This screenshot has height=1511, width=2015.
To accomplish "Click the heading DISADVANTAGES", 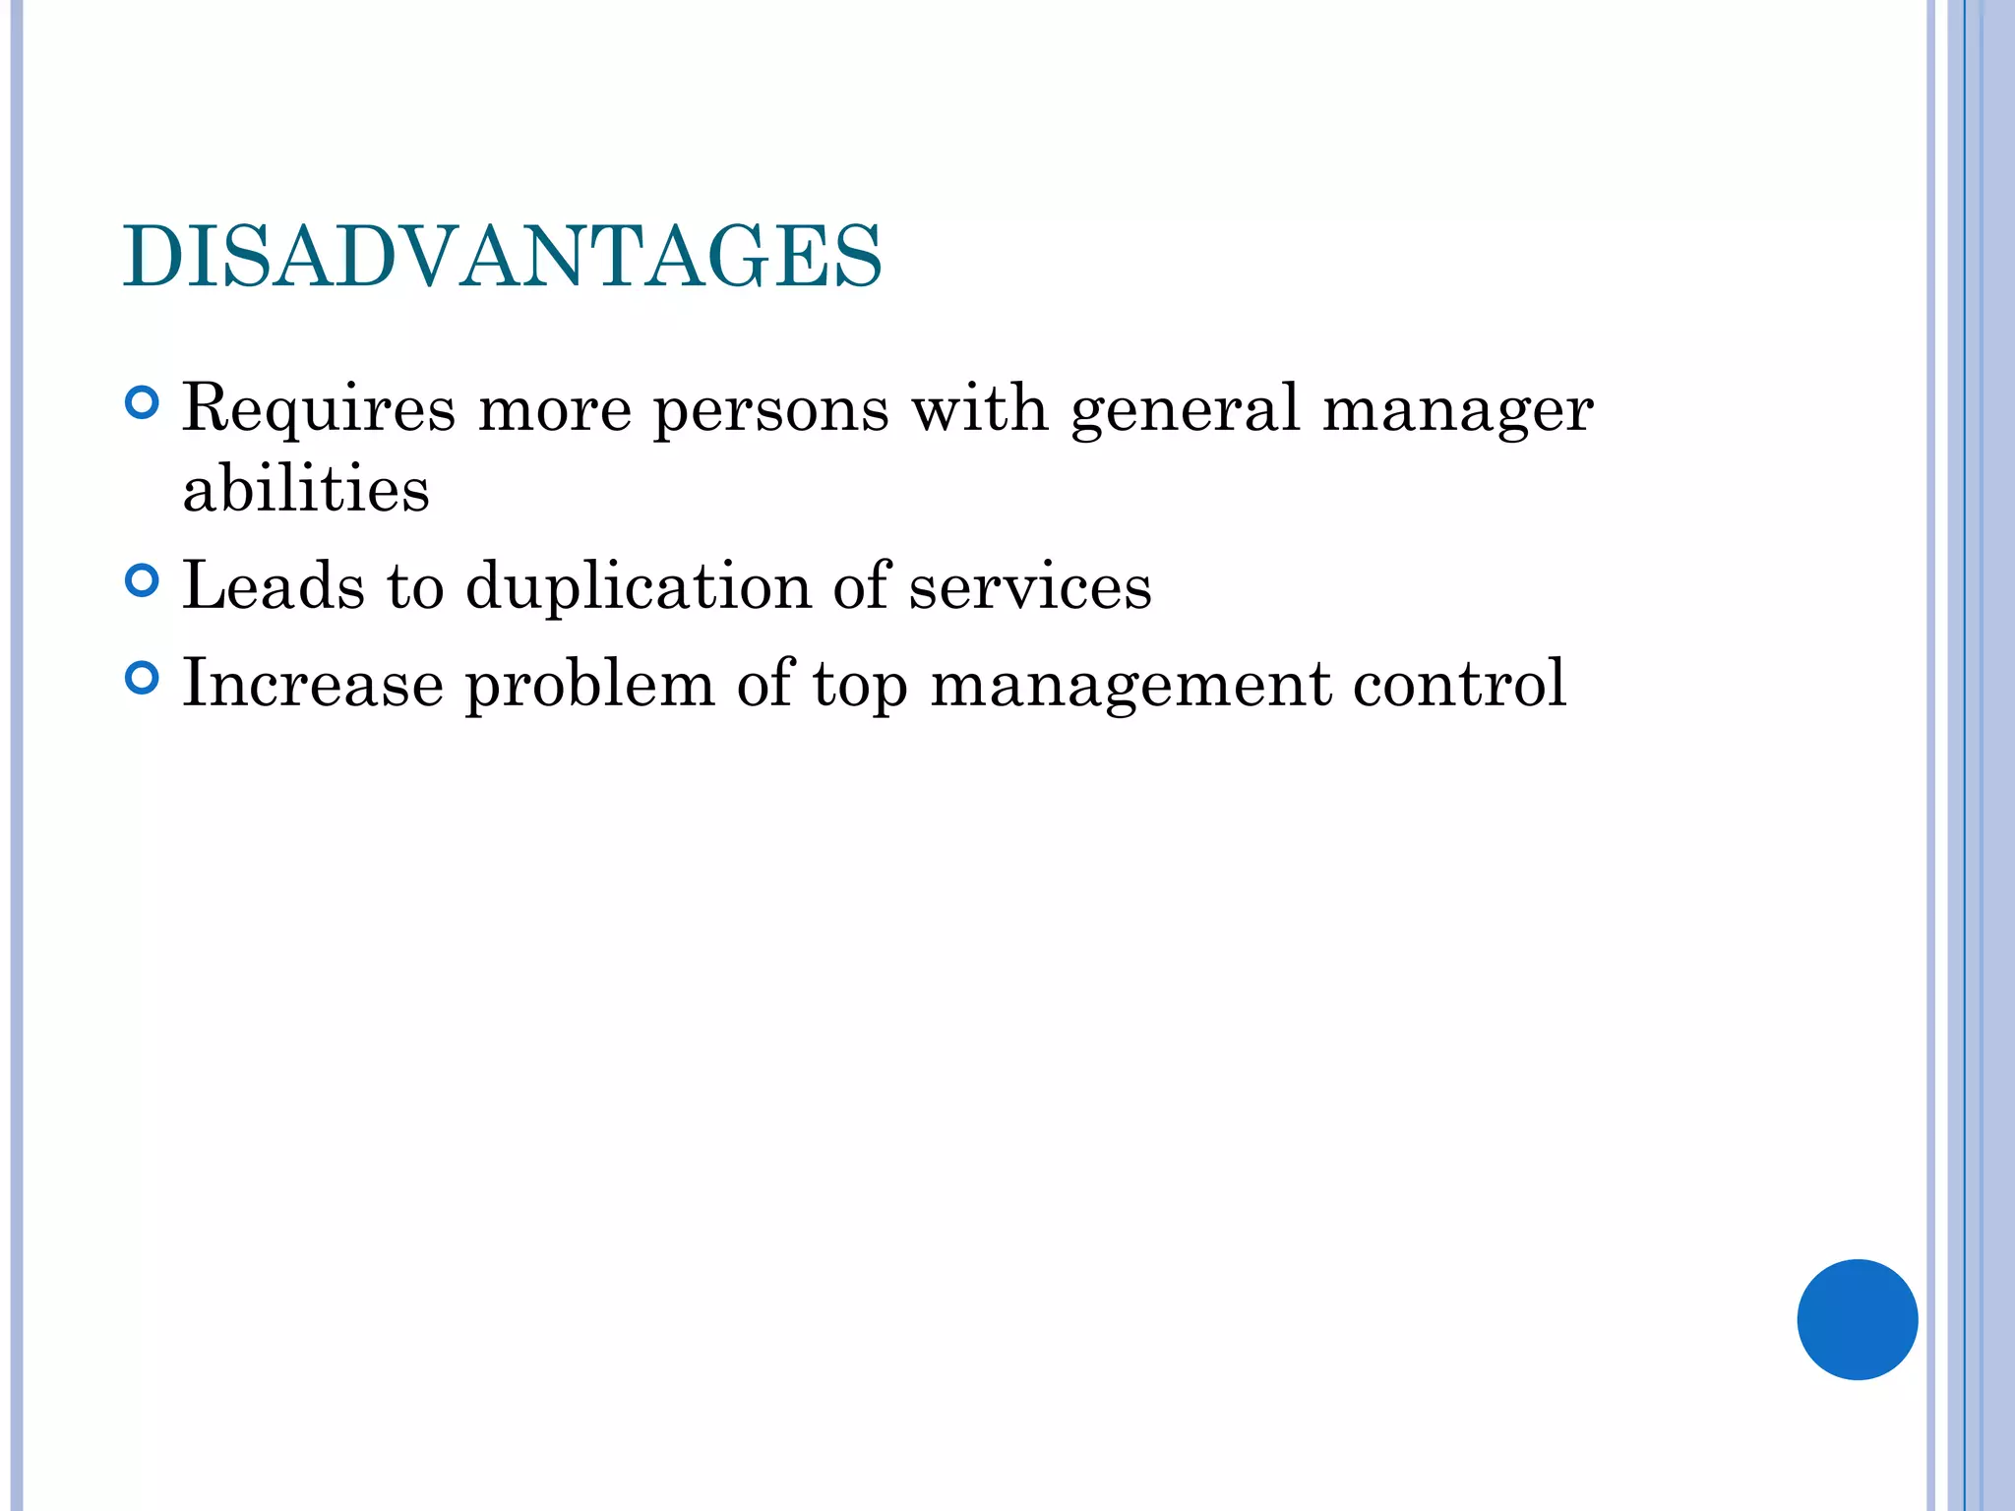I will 503,257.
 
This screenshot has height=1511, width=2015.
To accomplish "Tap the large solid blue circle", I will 1857,1319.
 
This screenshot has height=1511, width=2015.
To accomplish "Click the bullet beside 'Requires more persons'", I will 143,403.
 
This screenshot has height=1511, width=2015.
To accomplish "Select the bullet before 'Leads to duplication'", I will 143,580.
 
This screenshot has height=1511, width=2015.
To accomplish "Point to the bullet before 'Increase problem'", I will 143,679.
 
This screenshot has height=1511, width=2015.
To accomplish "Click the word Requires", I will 319,409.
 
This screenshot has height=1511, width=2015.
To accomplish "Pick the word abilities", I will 306,489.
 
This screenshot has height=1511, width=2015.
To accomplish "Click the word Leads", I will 274,586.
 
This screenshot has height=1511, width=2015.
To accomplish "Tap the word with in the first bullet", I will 980,409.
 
